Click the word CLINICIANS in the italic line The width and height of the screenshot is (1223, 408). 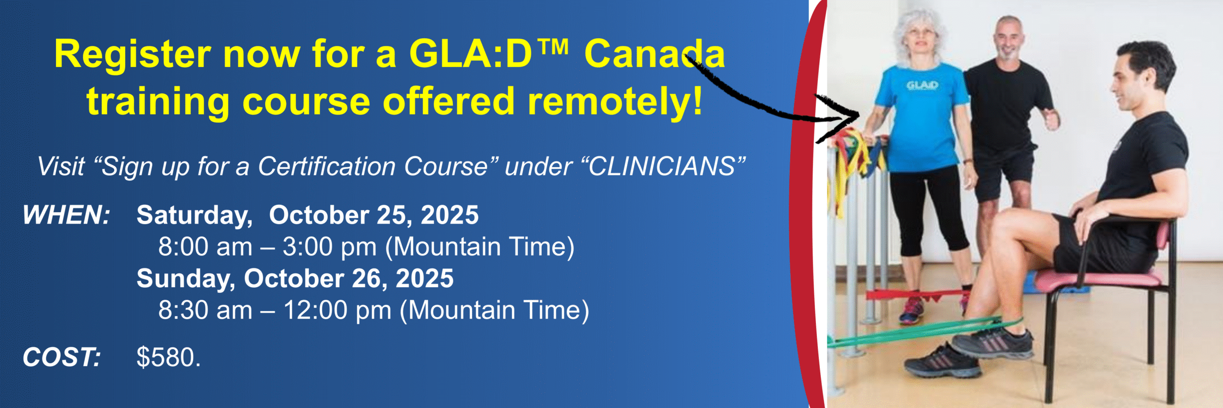(x=662, y=166)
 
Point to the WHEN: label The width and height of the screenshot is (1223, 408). (x=66, y=215)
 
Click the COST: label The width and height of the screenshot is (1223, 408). (x=62, y=357)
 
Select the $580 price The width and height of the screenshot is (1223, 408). (x=168, y=357)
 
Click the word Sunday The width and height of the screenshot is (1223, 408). (x=186, y=279)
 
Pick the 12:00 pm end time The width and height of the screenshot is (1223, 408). (x=337, y=311)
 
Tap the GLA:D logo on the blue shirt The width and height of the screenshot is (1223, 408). (x=922, y=86)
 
